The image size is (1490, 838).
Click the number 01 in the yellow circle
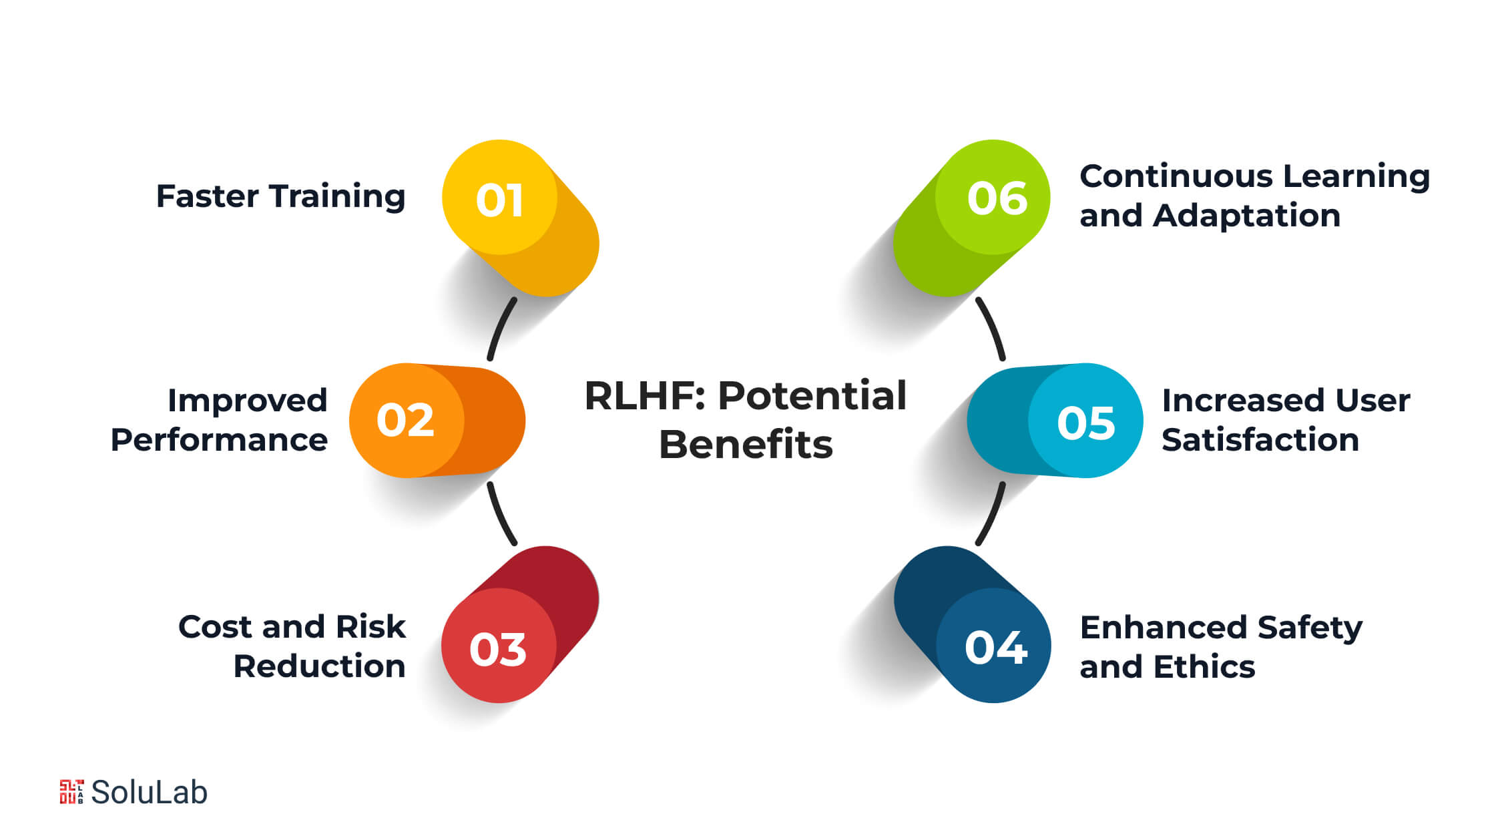tap(499, 200)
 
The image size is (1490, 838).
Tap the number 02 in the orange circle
tap(405, 421)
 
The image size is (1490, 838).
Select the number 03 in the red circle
tap(498, 649)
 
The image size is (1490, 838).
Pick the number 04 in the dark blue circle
tap(995, 648)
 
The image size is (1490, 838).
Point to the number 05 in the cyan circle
tap(1085, 423)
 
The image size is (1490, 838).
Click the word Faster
tap(208, 196)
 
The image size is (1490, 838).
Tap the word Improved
tap(247, 401)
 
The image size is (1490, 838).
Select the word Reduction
tap(319, 666)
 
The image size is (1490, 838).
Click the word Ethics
tap(1204, 667)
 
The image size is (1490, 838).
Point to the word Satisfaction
tap(1260, 440)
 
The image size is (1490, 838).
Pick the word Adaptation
tap(1246, 216)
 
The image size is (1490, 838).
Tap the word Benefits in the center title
tap(746, 445)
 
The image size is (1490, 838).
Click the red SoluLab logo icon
tap(71, 792)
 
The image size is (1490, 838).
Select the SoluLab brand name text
tap(149, 793)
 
